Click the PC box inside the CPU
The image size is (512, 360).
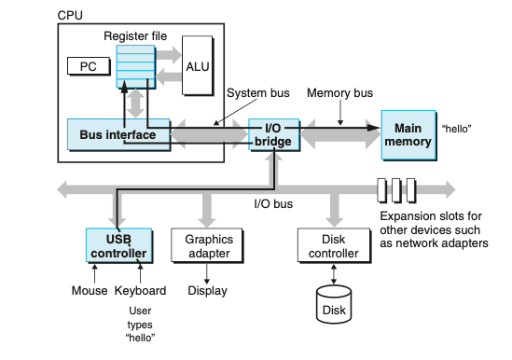tap(89, 66)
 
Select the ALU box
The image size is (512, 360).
tap(198, 65)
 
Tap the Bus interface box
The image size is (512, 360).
tap(118, 134)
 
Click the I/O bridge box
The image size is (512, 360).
tap(273, 134)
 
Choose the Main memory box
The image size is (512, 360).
tap(408, 135)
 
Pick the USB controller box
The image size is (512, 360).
tap(118, 245)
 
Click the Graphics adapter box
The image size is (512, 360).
tap(207, 245)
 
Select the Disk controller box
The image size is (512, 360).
tap(334, 245)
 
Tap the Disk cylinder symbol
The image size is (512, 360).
tap(334, 304)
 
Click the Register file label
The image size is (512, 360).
tap(135, 36)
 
